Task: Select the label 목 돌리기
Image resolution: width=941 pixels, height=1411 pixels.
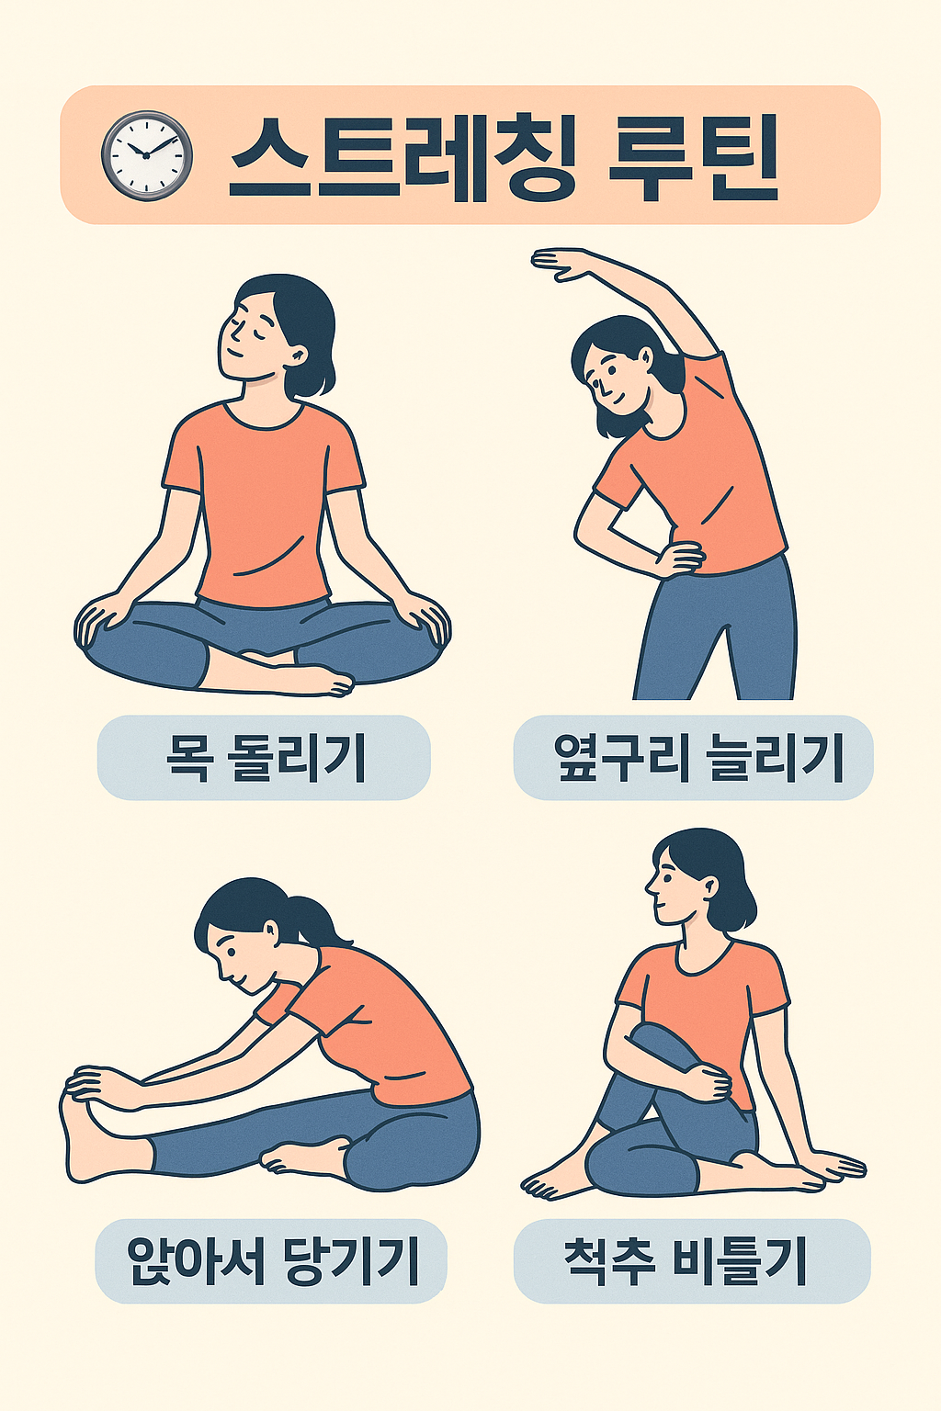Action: click(265, 758)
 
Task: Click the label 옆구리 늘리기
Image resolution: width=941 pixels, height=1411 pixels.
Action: click(698, 758)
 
